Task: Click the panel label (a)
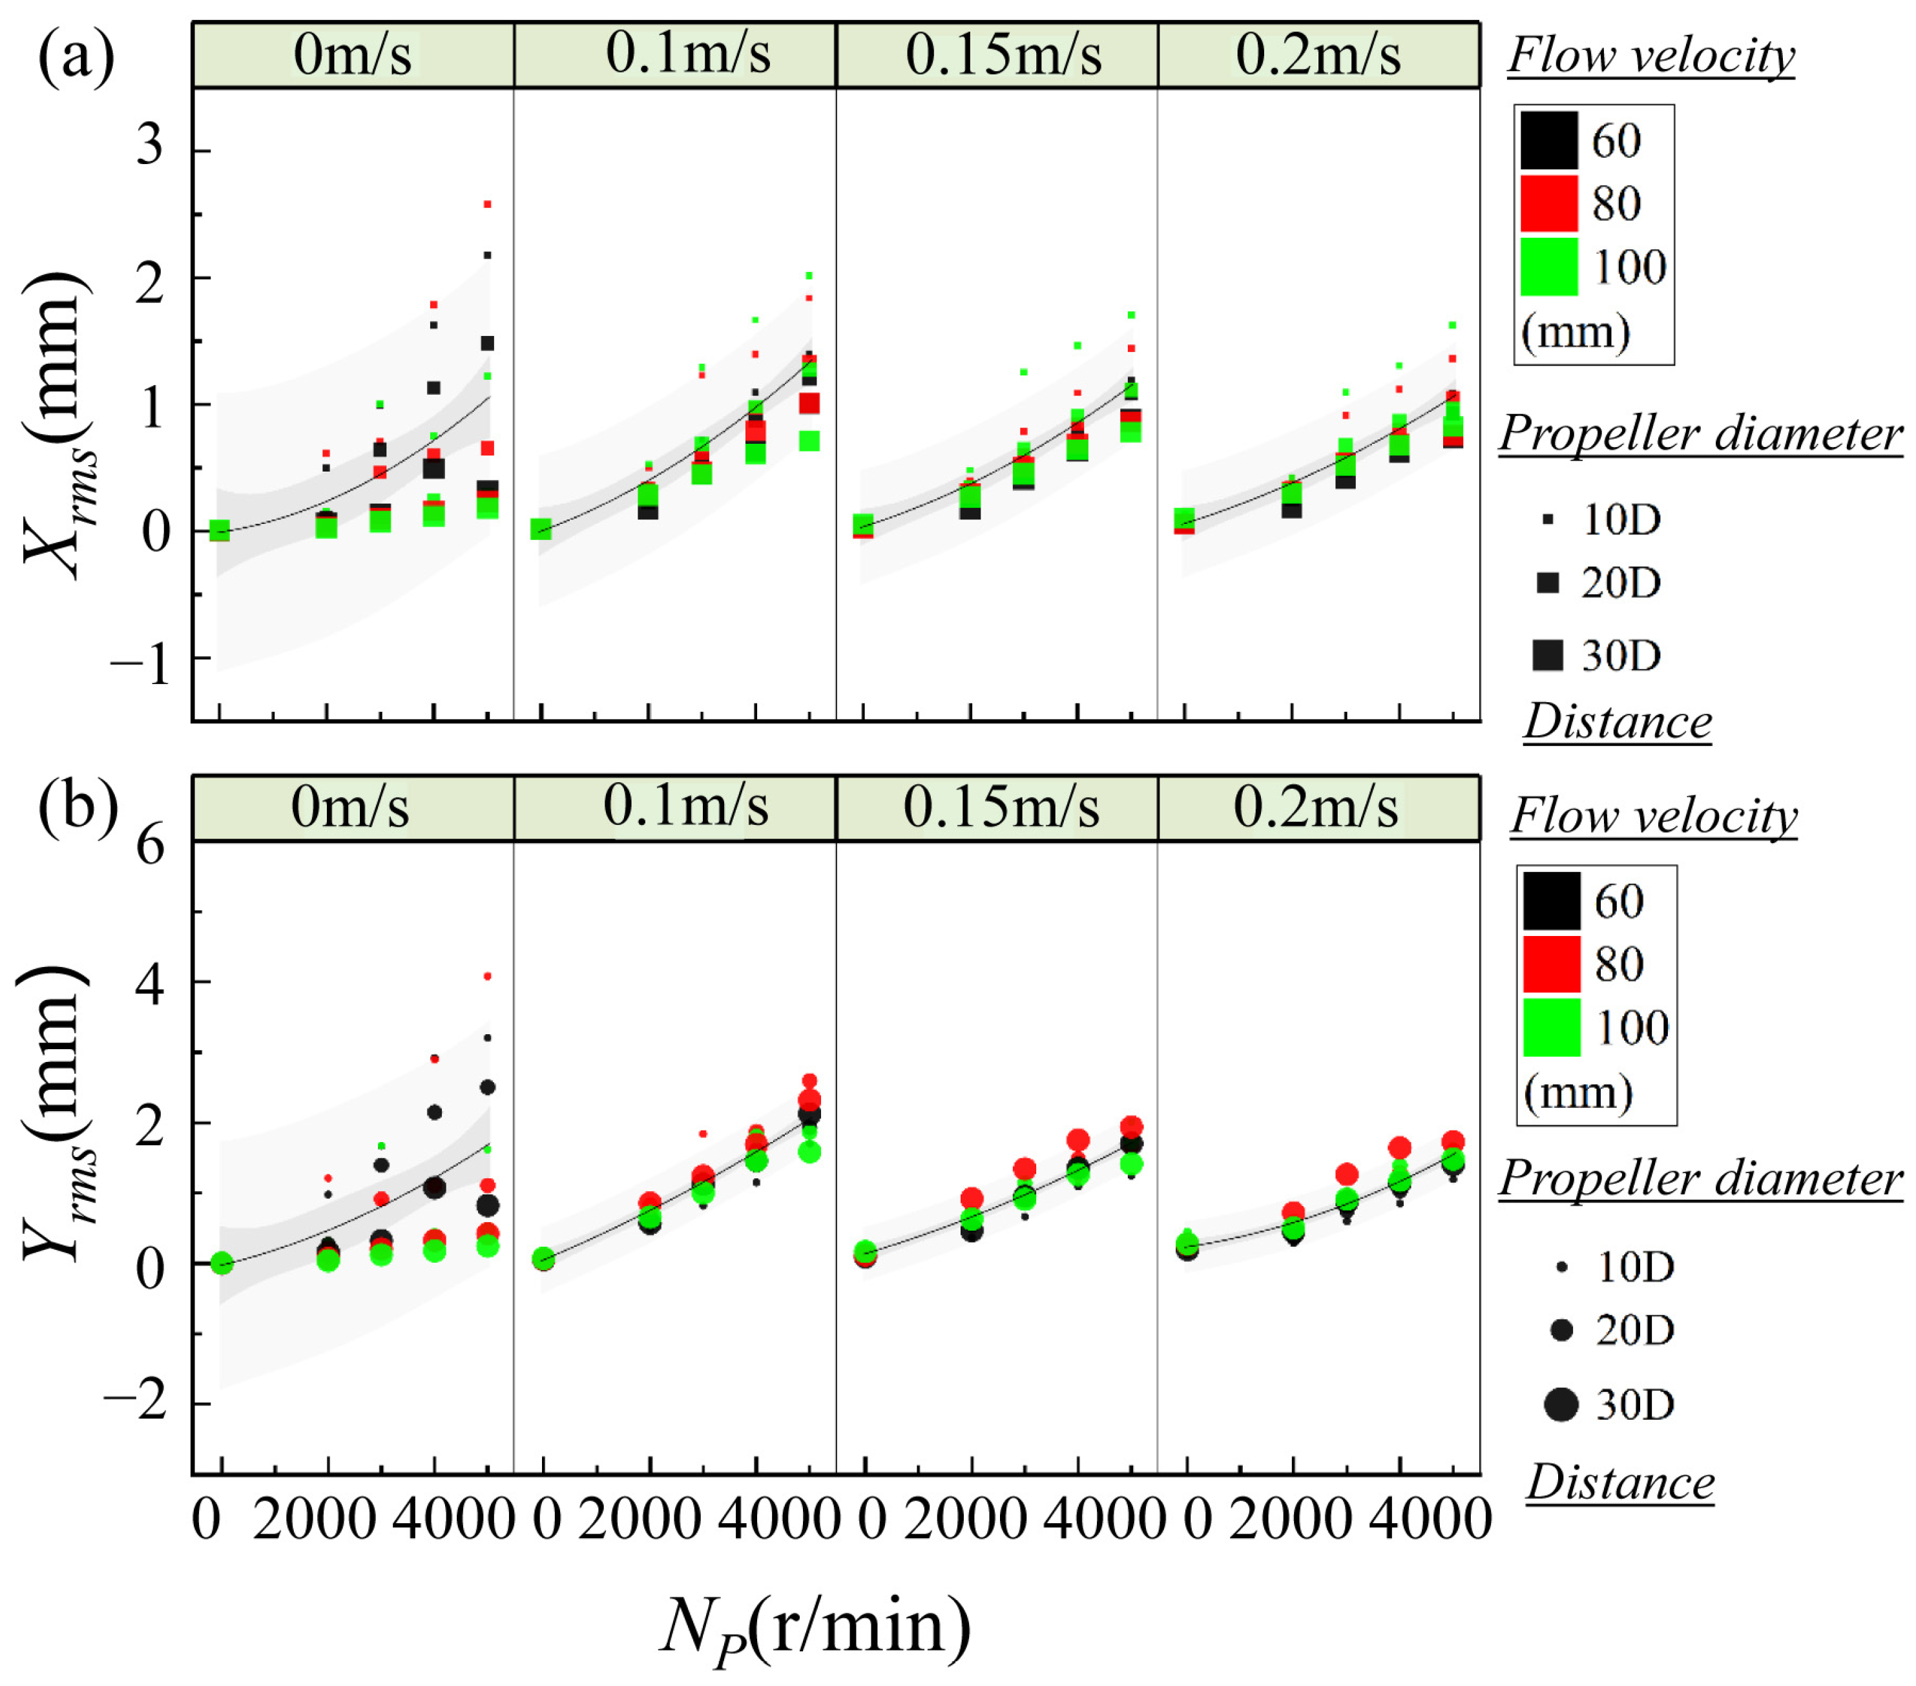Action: pos(76,58)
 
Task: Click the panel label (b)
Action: pos(78,808)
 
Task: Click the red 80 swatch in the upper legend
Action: pos(1548,203)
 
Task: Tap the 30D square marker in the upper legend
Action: pos(1548,655)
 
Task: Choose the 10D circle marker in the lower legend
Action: pos(1561,1267)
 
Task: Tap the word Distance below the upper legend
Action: pos(1618,722)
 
